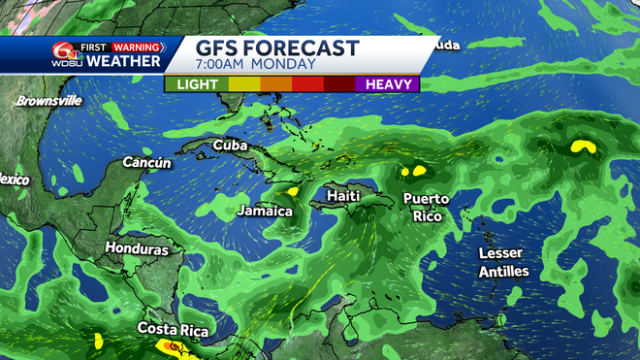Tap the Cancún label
146,163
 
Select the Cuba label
230,146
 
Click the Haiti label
343,195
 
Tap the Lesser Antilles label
503,262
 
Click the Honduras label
137,249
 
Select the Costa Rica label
173,330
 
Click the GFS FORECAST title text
277,49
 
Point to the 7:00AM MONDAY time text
255,65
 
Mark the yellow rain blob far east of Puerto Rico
582,147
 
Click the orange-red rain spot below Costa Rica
173,345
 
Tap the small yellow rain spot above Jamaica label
292,191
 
